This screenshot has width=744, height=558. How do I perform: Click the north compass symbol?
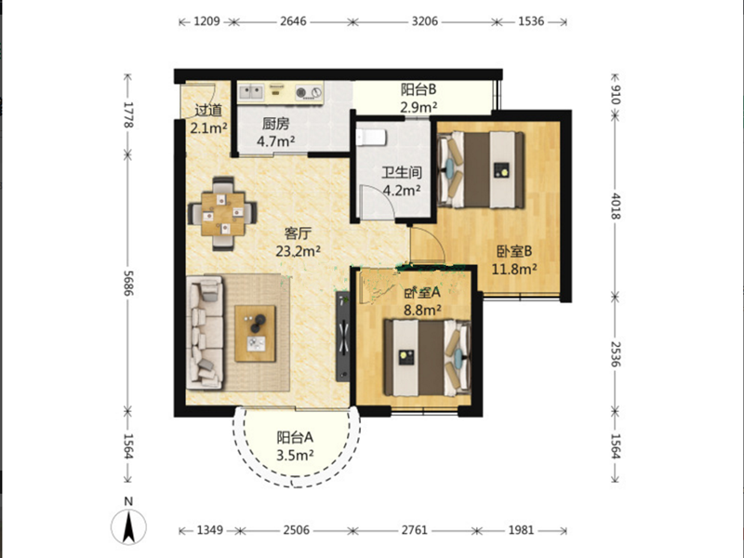(x=128, y=525)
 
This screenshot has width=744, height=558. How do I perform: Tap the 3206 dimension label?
(x=424, y=21)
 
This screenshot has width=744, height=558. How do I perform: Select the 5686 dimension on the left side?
(x=127, y=283)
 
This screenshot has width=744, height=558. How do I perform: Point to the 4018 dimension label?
(x=615, y=206)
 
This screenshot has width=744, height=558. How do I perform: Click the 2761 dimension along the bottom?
(x=414, y=529)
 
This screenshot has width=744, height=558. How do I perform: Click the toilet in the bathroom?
(x=370, y=137)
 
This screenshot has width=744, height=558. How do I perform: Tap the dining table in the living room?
(x=223, y=214)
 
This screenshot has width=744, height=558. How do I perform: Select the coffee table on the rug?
(x=255, y=333)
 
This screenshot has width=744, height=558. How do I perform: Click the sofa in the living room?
(x=206, y=333)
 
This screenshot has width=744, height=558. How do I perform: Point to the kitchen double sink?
(x=251, y=92)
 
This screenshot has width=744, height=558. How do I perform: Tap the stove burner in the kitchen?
(x=301, y=93)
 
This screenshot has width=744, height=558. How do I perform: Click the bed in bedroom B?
(x=482, y=170)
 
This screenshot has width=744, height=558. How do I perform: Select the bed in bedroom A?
(x=427, y=358)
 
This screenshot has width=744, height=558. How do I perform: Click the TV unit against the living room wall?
(x=343, y=337)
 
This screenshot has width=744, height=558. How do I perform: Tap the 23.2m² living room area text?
(x=298, y=251)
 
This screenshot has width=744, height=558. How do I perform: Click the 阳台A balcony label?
(x=295, y=436)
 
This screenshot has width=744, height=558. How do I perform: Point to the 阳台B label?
(x=418, y=88)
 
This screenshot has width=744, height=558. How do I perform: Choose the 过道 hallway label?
(x=208, y=110)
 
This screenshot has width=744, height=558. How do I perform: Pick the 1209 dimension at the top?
(x=206, y=21)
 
